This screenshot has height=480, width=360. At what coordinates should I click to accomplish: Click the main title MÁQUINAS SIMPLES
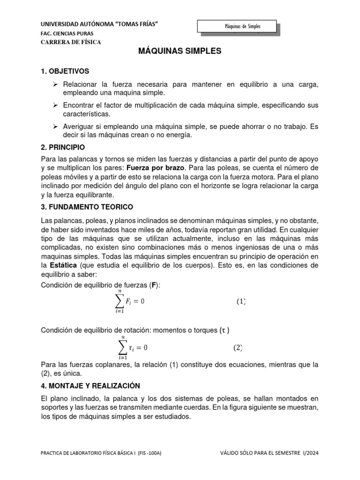click(x=180, y=52)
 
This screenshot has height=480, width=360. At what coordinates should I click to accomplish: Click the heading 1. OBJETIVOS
click(x=65, y=71)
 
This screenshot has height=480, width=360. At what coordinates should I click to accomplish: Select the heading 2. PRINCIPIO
click(x=63, y=147)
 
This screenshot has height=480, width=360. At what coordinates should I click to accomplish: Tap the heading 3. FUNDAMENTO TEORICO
click(x=87, y=207)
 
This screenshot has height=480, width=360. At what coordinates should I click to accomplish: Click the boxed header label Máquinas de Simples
click(x=236, y=27)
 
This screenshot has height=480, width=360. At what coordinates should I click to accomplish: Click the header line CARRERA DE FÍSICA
click(x=71, y=42)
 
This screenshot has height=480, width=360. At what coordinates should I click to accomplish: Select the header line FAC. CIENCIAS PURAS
click(x=67, y=33)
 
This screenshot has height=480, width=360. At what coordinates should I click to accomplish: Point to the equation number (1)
click(x=240, y=301)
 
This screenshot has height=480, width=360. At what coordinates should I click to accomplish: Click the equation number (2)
click(x=238, y=348)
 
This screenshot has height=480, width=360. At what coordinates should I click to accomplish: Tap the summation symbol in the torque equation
click(x=123, y=348)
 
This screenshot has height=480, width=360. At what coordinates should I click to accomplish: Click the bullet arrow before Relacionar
click(x=55, y=84)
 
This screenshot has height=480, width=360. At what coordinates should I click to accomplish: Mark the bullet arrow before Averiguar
click(x=55, y=127)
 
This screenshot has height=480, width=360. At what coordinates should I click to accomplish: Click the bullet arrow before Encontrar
click(x=55, y=106)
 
